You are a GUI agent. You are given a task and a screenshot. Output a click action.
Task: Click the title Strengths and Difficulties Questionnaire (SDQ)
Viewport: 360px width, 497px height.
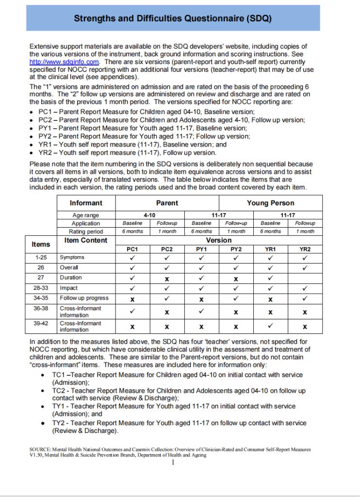pos(173,18)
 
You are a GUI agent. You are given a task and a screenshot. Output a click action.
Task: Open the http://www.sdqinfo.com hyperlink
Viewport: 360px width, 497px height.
pos(65,62)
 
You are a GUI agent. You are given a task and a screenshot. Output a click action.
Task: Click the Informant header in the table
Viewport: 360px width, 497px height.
pos(86,203)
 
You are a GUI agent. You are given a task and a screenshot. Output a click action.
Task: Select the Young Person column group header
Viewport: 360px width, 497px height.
pos(270,203)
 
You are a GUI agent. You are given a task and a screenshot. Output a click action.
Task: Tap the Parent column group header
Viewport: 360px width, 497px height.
pos(167,203)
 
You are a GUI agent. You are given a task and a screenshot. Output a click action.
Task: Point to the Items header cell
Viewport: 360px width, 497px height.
pos(41,244)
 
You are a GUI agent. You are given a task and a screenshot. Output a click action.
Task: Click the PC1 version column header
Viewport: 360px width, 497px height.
pos(132,249)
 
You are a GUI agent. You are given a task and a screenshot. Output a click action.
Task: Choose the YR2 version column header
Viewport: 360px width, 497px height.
pos(305,249)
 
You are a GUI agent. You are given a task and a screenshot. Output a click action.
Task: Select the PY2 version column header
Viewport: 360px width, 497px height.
pos(236,249)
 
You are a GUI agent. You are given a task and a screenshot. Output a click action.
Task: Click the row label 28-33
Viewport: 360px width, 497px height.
pos(41,288)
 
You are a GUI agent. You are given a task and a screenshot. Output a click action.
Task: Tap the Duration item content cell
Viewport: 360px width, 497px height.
pos(71,278)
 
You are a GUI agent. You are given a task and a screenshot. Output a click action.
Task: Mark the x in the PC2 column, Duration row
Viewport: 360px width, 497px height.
pos(167,278)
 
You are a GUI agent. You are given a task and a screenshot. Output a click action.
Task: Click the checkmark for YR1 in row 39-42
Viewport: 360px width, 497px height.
pos(270,326)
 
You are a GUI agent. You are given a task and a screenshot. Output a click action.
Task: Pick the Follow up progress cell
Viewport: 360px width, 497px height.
pos(84,298)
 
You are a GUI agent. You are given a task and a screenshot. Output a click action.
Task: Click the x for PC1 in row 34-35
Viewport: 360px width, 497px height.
pos(132,298)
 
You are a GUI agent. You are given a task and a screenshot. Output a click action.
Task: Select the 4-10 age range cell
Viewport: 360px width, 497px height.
pos(149,215)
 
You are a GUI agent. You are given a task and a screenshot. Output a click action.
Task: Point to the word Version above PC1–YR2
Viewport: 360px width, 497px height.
pos(219,240)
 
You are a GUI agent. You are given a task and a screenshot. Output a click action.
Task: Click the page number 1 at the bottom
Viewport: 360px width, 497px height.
pos(173,462)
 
